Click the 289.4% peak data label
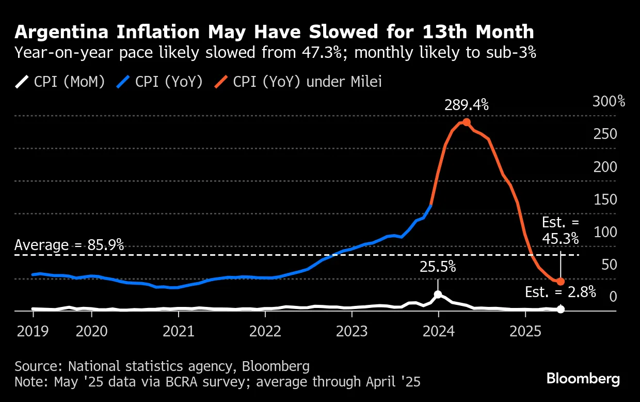pyautogui.click(x=467, y=105)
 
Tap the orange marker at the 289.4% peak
pyautogui.click(x=467, y=122)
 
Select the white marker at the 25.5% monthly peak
pyautogui.click(x=438, y=295)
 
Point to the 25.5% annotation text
pyautogui.click(x=438, y=267)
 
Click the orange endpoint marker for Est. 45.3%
pyautogui.click(x=561, y=282)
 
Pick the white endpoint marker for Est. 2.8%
pyautogui.click(x=561, y=309)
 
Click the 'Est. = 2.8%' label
pyautogui.click(x=561, y=292)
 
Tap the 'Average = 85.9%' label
pyautogui.click(x=69, y=245)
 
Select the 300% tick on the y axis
pyautogui.click(x=609, y=101)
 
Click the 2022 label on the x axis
pyautogui.click(x=264, y=330)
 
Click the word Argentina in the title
pyautogui.click(x=62, y=32)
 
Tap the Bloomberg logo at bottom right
pyautogui.click(x=583, y=379)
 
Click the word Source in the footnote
pyautogui.click(x=37, y=366)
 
